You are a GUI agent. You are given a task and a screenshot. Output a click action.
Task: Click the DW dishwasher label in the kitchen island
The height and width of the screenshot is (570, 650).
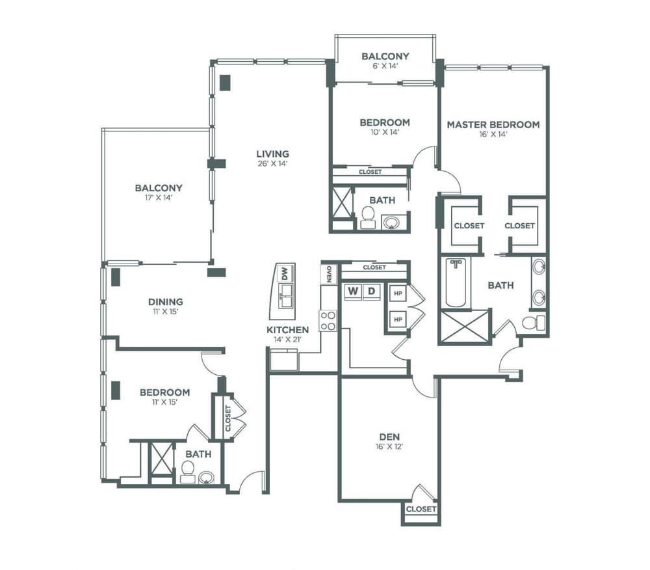[x=285, y=273]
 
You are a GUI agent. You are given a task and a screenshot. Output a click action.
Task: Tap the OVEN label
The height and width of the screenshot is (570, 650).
[x=328, y=274]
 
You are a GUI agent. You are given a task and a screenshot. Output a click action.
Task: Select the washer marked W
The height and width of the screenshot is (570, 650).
[x=353, y=292]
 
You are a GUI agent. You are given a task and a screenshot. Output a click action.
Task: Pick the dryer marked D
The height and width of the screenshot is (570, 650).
[x=371, y=292]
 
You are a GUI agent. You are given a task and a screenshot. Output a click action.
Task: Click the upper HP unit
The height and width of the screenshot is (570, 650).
[x=398, y=293]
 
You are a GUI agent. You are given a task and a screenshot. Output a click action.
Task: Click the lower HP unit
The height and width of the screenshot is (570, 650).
[x=398, y=319]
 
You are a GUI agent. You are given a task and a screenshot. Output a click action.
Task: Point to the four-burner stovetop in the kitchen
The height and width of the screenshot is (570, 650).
[x=328, y=321]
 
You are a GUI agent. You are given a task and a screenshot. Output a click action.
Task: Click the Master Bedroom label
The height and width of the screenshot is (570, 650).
[x=493, y=124]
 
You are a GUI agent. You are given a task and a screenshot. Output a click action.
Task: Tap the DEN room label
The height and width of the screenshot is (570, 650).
[x=389, y=437]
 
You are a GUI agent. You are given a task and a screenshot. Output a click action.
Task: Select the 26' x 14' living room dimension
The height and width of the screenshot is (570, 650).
[x=272, y=163]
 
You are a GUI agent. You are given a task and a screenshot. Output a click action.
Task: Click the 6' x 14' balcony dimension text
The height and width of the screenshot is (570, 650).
[x=385, y=66]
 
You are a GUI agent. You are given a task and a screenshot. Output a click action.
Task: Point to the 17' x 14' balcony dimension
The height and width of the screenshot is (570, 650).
[x=159, y=197]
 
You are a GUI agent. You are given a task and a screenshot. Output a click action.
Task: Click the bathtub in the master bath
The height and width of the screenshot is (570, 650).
[x=456, y=282]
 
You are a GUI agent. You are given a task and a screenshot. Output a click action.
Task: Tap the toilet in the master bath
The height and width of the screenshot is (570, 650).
[x=534, y=322]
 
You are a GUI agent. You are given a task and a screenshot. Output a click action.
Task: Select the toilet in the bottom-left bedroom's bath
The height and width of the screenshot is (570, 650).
[x=188, y=472]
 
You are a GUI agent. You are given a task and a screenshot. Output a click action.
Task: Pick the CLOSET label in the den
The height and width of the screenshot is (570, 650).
[x=421, y=509]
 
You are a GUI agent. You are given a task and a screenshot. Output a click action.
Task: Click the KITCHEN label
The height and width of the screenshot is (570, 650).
[x=288, y=330]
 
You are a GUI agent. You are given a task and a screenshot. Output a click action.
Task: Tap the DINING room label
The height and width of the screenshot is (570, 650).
[x=165, y=302]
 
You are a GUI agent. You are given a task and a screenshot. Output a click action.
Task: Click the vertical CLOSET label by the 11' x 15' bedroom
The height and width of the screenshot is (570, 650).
[x=227, y=418]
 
